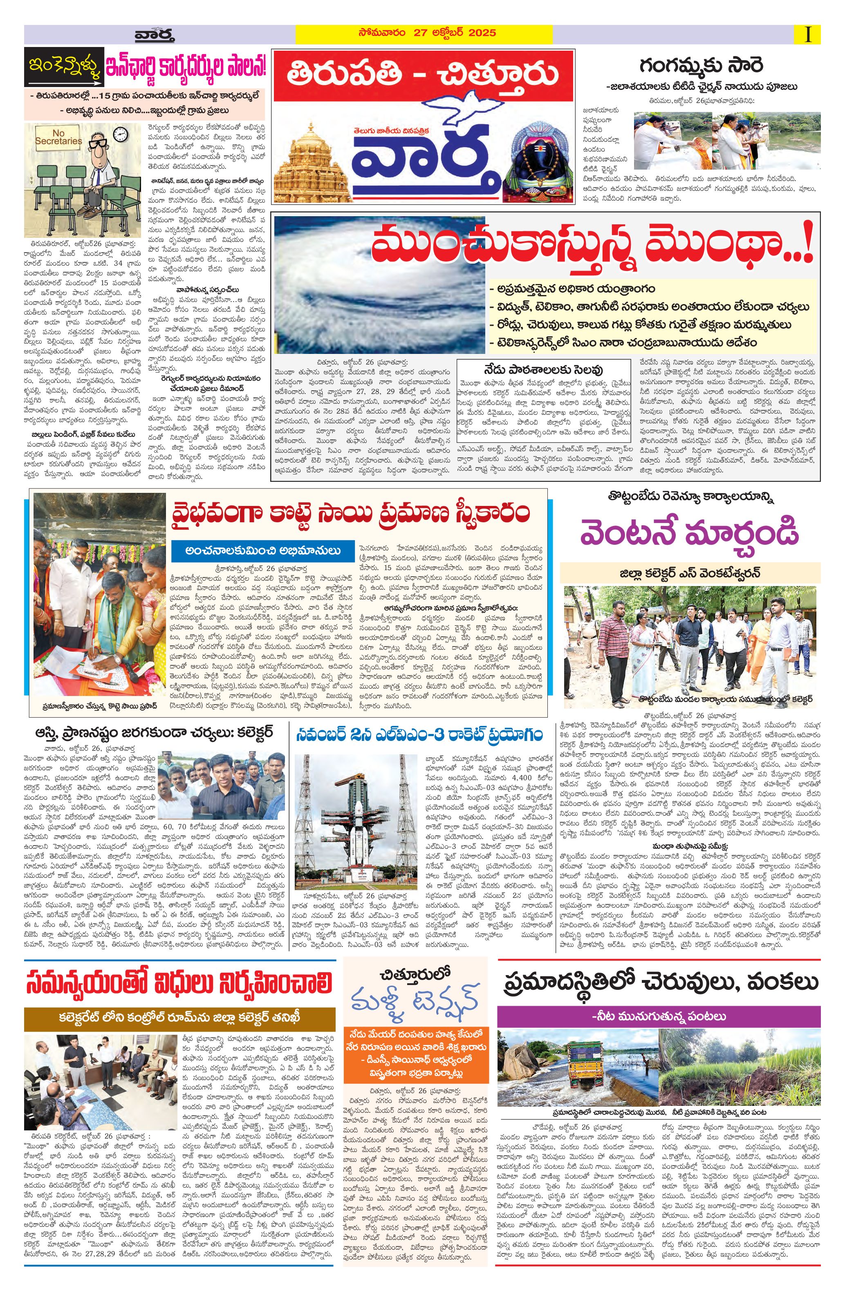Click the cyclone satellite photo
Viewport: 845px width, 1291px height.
pos(374,284)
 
